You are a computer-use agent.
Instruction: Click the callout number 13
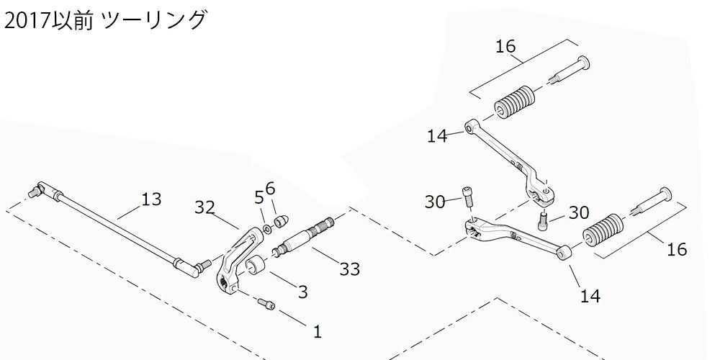pos(151,199)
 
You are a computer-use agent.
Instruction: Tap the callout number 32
pos(205,208)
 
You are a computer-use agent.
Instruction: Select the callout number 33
pos(350,269)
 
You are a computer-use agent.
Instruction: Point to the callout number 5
pos(259,197)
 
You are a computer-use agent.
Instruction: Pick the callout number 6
pos(271,189)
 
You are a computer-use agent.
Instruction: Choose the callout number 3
pos(302,292)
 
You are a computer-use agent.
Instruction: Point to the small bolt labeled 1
pos(266,305)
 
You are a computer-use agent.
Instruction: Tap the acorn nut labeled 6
pos(282,217)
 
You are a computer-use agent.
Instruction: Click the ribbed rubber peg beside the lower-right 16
pos(600,230)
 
